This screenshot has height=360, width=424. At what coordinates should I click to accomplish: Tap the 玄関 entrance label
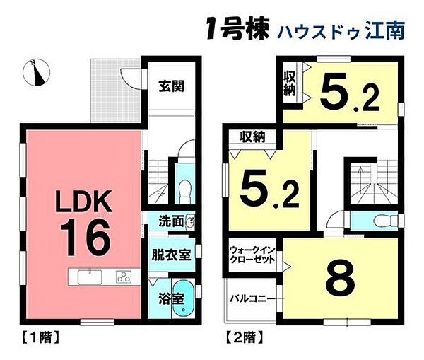pyautogui.click(x=170, y=87)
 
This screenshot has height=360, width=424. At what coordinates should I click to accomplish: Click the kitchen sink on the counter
pyautogui.click(x=87, y=276)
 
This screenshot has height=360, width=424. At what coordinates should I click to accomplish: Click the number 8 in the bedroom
pyautogui.click(x=338, y=278)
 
